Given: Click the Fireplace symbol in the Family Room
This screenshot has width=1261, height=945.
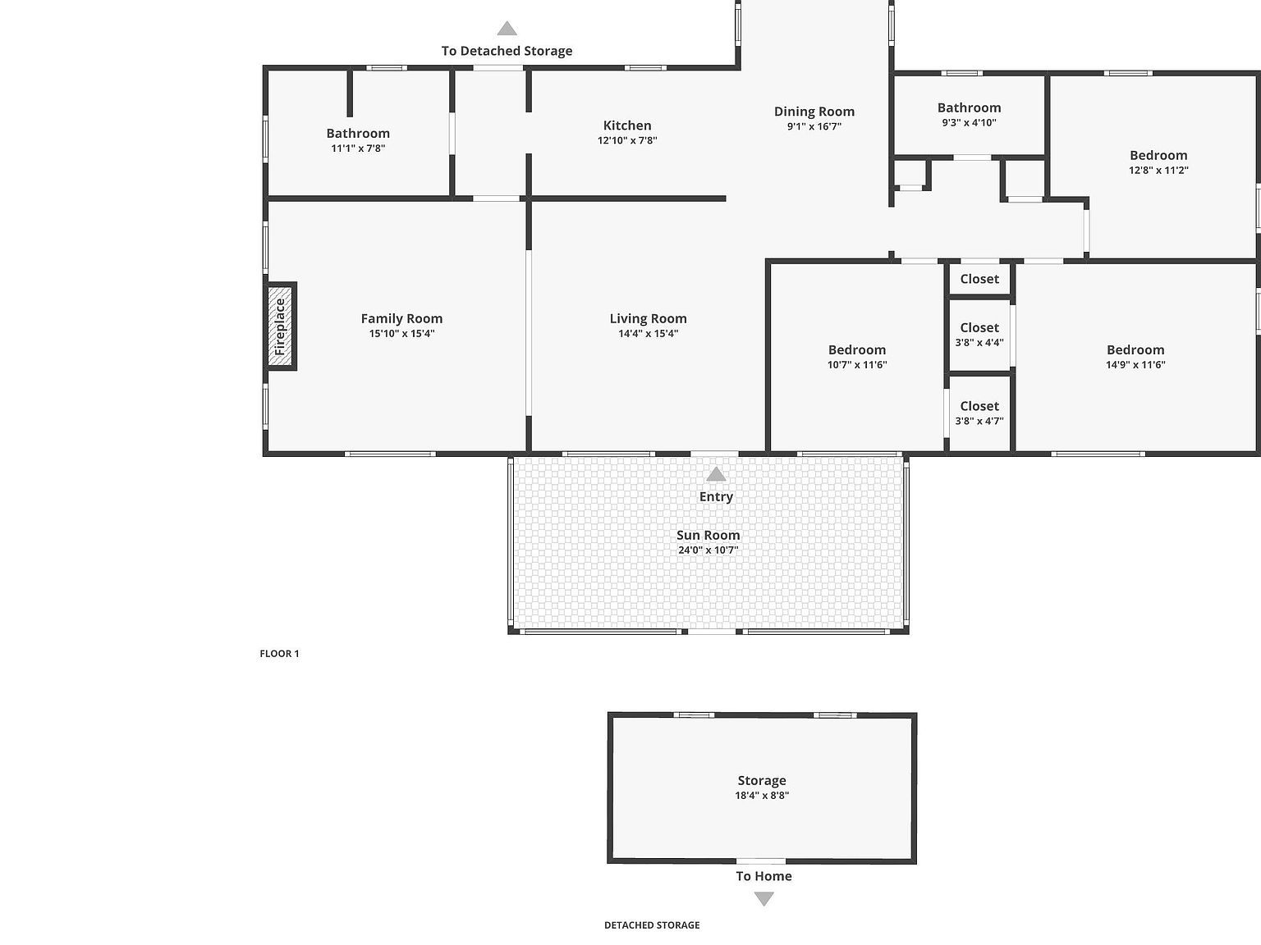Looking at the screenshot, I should pyautogui.click(x=281, y=326).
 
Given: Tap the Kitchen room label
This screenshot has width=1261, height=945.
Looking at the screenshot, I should pyautogui.click(x=627, y=126).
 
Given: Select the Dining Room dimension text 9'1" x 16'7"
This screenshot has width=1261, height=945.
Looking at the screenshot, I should pyautogui.click(x=814, y=126).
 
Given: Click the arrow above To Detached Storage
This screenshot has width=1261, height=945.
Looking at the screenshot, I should pyautogui.click(x=507, y=29).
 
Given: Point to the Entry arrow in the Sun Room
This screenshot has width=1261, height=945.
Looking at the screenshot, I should pyautogui.click(x=716, y=474).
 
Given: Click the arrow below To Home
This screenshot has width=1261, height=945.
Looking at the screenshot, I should pyautogui.click(x=763, y=899).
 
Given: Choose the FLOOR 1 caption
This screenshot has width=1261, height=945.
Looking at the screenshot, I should pyautogui.click(x=279, y=654).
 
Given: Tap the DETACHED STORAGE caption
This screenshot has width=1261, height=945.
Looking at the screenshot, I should pyautogui.click(x=652, y=924).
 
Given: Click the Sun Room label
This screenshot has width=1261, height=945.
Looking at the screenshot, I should pyautogui.click(x=708, y=535).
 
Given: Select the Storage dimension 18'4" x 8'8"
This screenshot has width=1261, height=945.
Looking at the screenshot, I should pyautogui.click(x=762, y=795).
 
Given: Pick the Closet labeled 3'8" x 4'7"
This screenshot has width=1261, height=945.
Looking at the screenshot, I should pyautogui.click(x=979, y=406).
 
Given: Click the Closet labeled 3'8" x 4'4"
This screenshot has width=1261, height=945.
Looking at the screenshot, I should pyautogui.click(x=979, y=328).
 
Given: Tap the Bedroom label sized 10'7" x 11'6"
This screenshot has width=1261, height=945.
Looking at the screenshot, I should pyautogui.click(x=857, y=349).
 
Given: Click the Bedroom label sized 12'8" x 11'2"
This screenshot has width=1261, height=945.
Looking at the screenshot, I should pyautogui.click(x=1158, y=155).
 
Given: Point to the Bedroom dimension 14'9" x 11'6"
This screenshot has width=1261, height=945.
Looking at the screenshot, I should pyautogui.click(x=1135, y=364).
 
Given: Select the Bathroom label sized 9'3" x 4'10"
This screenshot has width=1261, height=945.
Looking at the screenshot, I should pyautogui.click(x=969, y=107).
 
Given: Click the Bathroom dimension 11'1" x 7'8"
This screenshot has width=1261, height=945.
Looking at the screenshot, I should pyautogui.click(x=358, y=148).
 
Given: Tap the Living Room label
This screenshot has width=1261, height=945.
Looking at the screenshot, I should pyautogui.click(x=648, y=318).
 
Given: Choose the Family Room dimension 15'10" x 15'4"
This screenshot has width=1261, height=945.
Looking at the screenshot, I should pyautogui.click(x=401, y=333).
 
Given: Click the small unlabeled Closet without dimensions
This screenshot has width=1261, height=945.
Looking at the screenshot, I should pyautogui.click(x=979, y=279).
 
